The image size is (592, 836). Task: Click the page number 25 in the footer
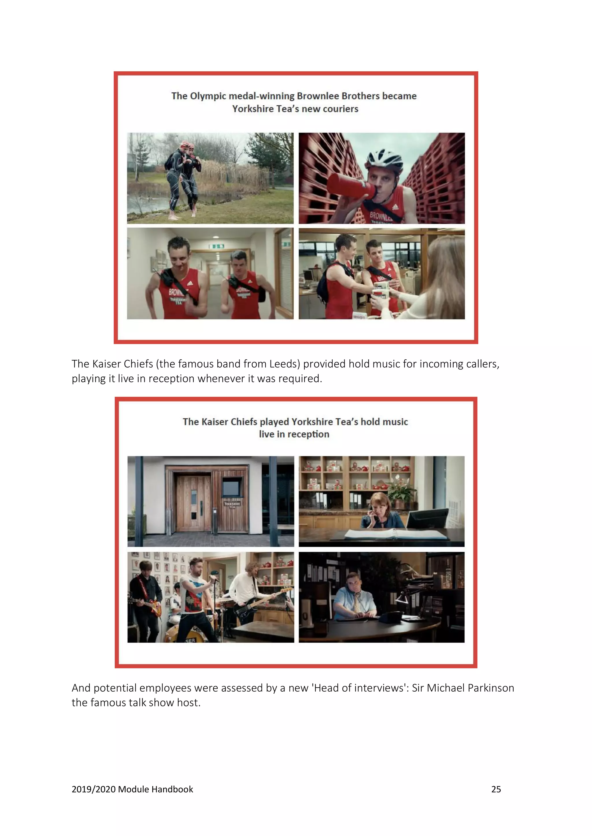496,789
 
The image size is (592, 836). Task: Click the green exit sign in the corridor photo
217,247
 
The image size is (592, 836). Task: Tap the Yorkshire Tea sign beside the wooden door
232,505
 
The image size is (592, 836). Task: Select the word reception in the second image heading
308,434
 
